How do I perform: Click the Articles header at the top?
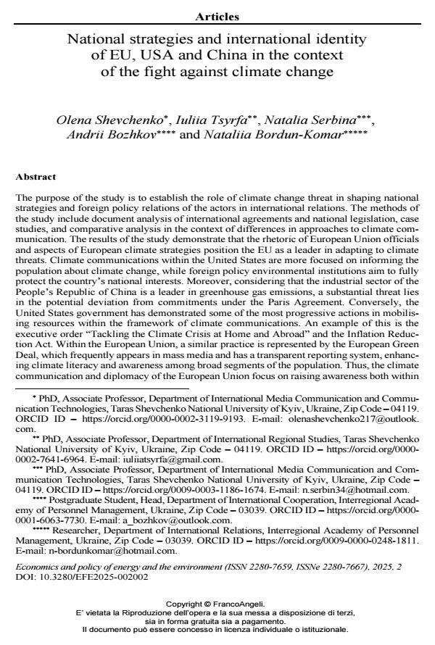[x=217, y=17]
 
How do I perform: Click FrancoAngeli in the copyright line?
[x=244, y=603]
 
